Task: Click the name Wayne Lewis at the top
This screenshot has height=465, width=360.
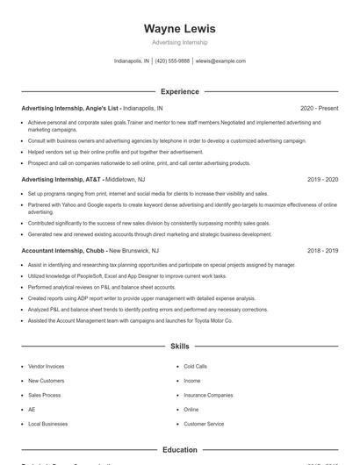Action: [x=179, y=28]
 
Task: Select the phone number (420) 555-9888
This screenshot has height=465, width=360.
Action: [x=172, y=61]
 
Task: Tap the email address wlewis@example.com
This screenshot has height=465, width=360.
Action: [x=220, y=61]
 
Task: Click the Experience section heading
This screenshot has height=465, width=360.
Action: [x=179, y=91]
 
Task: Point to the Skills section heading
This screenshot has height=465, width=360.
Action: [x=179, y=347]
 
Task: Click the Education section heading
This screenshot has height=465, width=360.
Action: [x=179, y=450]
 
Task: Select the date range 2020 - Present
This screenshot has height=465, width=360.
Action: [x=319, y=108]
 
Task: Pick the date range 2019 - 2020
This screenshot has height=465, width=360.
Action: [x=322, y=179]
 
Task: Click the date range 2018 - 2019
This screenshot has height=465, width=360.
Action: [x=322, y=250]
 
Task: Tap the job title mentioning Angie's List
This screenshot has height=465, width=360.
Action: [x=71, y=108]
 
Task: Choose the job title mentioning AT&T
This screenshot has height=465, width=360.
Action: [x=62, y=179]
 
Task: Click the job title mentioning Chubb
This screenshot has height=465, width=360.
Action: [x=63, y=250]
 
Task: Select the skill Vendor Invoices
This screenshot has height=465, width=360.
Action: [x=46, y=366]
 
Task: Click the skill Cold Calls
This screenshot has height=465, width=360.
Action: [x=195, y=366]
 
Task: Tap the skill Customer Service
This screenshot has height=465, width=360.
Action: [x=204, y=424]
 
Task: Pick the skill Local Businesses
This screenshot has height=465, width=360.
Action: [x=47, y=424]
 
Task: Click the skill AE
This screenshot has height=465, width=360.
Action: [x=32, y=410]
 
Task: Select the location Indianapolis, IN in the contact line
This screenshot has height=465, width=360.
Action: [x=132, y=61]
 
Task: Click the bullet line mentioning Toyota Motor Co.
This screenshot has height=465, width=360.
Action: [x=130, y=321]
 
